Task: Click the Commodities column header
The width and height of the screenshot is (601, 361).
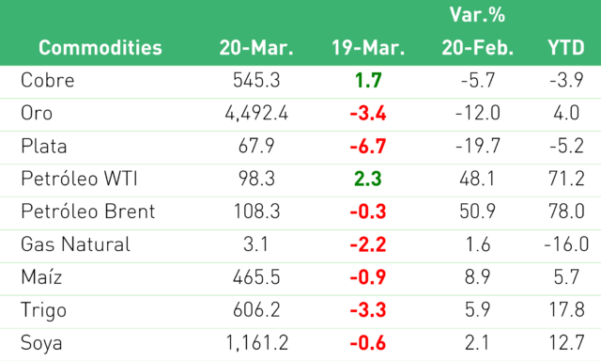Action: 100,48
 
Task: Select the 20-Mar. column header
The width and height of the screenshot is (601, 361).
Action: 256,48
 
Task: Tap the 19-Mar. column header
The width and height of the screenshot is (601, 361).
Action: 368,48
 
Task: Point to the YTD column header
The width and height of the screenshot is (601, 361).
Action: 565,48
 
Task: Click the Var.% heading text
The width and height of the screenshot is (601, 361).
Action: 477,15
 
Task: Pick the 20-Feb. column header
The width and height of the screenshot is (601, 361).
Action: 478,48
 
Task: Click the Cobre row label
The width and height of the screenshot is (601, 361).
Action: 48,80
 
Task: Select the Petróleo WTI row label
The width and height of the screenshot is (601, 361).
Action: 79,179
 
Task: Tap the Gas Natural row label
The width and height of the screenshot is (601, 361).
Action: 75,244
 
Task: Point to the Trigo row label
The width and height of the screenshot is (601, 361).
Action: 44,310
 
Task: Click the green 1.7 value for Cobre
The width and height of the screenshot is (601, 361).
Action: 368,81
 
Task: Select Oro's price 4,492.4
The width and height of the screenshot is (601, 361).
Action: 256,114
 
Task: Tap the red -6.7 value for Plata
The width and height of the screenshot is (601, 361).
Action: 368,146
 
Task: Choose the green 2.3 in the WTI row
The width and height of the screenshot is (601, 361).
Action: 368,180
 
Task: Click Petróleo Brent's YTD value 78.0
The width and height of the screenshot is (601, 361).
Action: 566,212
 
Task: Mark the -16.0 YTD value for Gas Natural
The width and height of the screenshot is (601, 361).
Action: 566,244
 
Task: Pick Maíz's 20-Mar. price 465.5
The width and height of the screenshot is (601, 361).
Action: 256,277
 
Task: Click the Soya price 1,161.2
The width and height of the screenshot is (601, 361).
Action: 256,343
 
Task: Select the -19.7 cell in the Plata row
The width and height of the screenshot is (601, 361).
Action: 478,146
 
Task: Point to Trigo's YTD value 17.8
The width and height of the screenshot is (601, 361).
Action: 566,310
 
